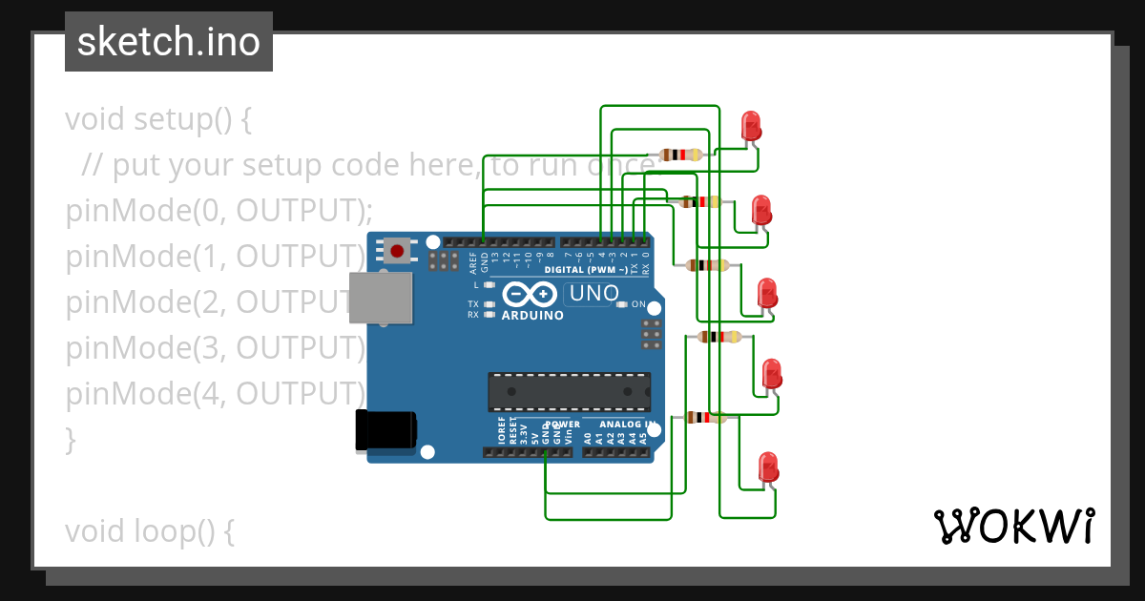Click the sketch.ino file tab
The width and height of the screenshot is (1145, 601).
[168, 42]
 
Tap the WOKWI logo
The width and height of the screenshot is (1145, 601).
[1012, 526]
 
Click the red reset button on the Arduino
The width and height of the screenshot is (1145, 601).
[396, 251]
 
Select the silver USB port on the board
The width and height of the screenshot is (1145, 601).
[381, 299]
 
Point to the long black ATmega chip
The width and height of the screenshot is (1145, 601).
[569, 391]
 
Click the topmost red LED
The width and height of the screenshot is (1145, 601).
[751, 126]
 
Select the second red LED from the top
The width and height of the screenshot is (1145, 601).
[761, 210]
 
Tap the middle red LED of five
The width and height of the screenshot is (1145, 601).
[767, 293]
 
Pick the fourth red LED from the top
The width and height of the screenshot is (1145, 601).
[771, 374]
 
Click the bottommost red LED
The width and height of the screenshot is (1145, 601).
[768, 466]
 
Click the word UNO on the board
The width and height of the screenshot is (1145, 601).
[594, 294]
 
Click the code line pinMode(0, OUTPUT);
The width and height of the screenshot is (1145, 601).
[219, 211]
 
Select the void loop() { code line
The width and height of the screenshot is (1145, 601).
[150, 531]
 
